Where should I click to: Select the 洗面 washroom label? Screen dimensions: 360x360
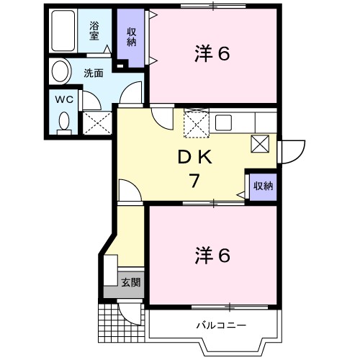93,72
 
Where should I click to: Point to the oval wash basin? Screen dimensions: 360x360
60,72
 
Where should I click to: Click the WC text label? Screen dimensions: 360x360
63,98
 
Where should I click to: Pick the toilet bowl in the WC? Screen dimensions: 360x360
64,122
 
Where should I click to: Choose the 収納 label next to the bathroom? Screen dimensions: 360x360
132,35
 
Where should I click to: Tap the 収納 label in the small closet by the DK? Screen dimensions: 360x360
263,186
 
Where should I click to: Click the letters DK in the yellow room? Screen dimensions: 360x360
194,156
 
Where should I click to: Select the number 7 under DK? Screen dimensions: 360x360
194,181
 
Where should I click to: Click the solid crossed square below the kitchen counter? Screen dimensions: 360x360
261,144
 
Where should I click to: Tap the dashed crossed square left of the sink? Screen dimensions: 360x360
195,122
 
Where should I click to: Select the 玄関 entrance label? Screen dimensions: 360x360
130,282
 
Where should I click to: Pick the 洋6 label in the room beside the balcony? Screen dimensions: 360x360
212,255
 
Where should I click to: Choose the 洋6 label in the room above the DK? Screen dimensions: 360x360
212,54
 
